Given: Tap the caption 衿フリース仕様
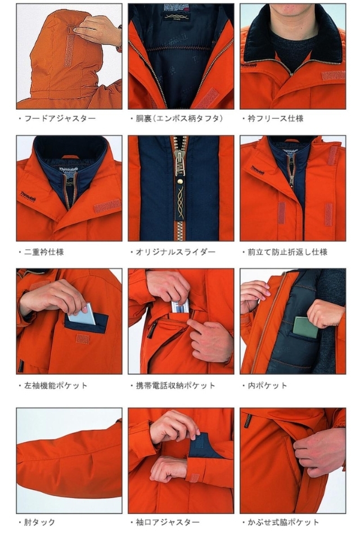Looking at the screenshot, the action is click(276, 119).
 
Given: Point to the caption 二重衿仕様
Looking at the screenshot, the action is click(44, 252).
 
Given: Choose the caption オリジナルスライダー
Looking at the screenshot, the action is click(175, 252).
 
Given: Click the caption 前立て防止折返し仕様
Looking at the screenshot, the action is click(287, 252).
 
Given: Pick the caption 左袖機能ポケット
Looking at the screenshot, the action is click(56, 385).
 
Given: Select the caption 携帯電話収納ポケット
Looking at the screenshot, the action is click(175, 385).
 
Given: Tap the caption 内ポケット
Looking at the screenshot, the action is click(267, 385).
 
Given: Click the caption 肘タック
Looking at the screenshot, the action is click(39, 523).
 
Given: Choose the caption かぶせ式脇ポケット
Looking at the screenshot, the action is click(283, 523).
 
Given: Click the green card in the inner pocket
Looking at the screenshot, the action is click(305, 327).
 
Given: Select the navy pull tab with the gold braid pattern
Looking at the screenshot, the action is click(181, 200).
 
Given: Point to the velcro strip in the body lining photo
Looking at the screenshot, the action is click(206, 99).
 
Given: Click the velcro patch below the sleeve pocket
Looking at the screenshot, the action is click(83, 339).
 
